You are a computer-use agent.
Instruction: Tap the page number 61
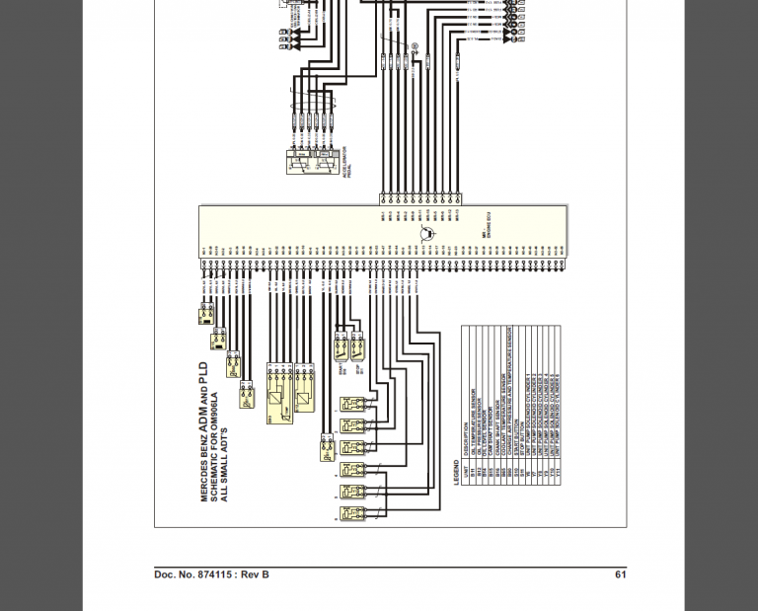tap(620, 574)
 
